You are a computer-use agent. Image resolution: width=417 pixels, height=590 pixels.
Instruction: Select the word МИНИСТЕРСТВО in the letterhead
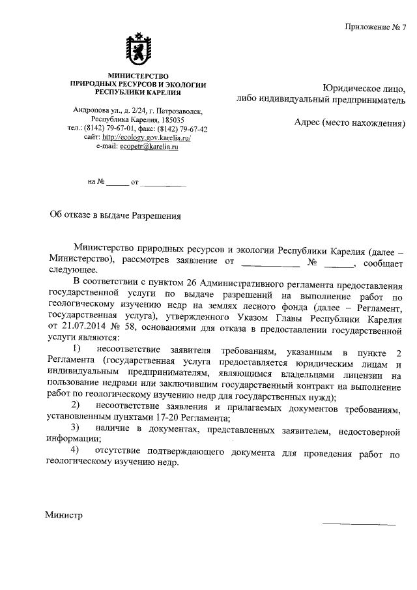point(138,76)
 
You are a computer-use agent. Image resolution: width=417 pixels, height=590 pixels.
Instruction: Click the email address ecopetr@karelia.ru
point(149,147)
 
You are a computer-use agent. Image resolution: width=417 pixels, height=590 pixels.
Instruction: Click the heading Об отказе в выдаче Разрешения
point(115,214)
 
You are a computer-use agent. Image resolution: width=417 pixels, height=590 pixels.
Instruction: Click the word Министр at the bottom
point(64,515)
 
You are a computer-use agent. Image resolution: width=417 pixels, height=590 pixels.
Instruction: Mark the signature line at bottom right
point(359,524)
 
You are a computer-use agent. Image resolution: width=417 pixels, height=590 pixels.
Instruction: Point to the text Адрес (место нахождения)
point(350,123)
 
